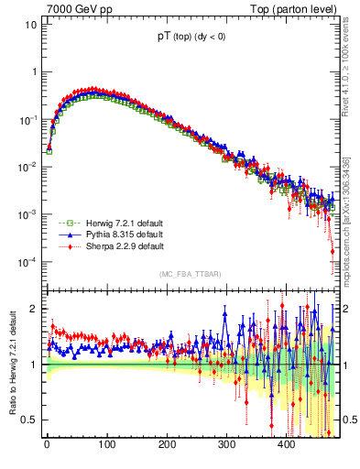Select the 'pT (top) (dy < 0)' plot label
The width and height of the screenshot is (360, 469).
191,38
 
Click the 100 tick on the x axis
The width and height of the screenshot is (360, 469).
106,444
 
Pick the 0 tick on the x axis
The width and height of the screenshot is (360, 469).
47,444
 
